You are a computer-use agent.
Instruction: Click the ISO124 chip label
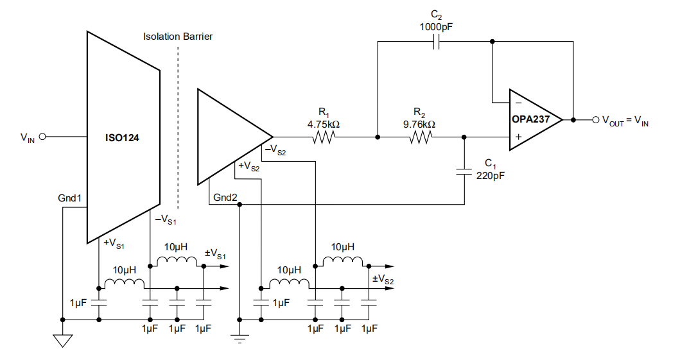click(x=122, y=137)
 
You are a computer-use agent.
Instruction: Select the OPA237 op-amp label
click(x=530, y=119)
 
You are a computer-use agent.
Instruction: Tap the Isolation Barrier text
click(x=178, y=37)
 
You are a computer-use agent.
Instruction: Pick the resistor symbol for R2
click(x=420, y=137)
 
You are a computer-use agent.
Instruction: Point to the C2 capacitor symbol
click(x=436, y=42)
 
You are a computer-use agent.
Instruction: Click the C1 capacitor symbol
click(x=464, y=171)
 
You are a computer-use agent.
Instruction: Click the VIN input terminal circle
click(x=43, y=137)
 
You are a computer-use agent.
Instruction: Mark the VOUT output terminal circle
click(x=595, y=119)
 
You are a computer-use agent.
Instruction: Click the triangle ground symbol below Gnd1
click(x=62, y=340)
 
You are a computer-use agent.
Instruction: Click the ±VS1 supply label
click(x=216, y=255)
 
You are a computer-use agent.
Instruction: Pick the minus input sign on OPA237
click(x=518, y=103)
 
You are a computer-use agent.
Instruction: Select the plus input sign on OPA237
click(x=518, y=137)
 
